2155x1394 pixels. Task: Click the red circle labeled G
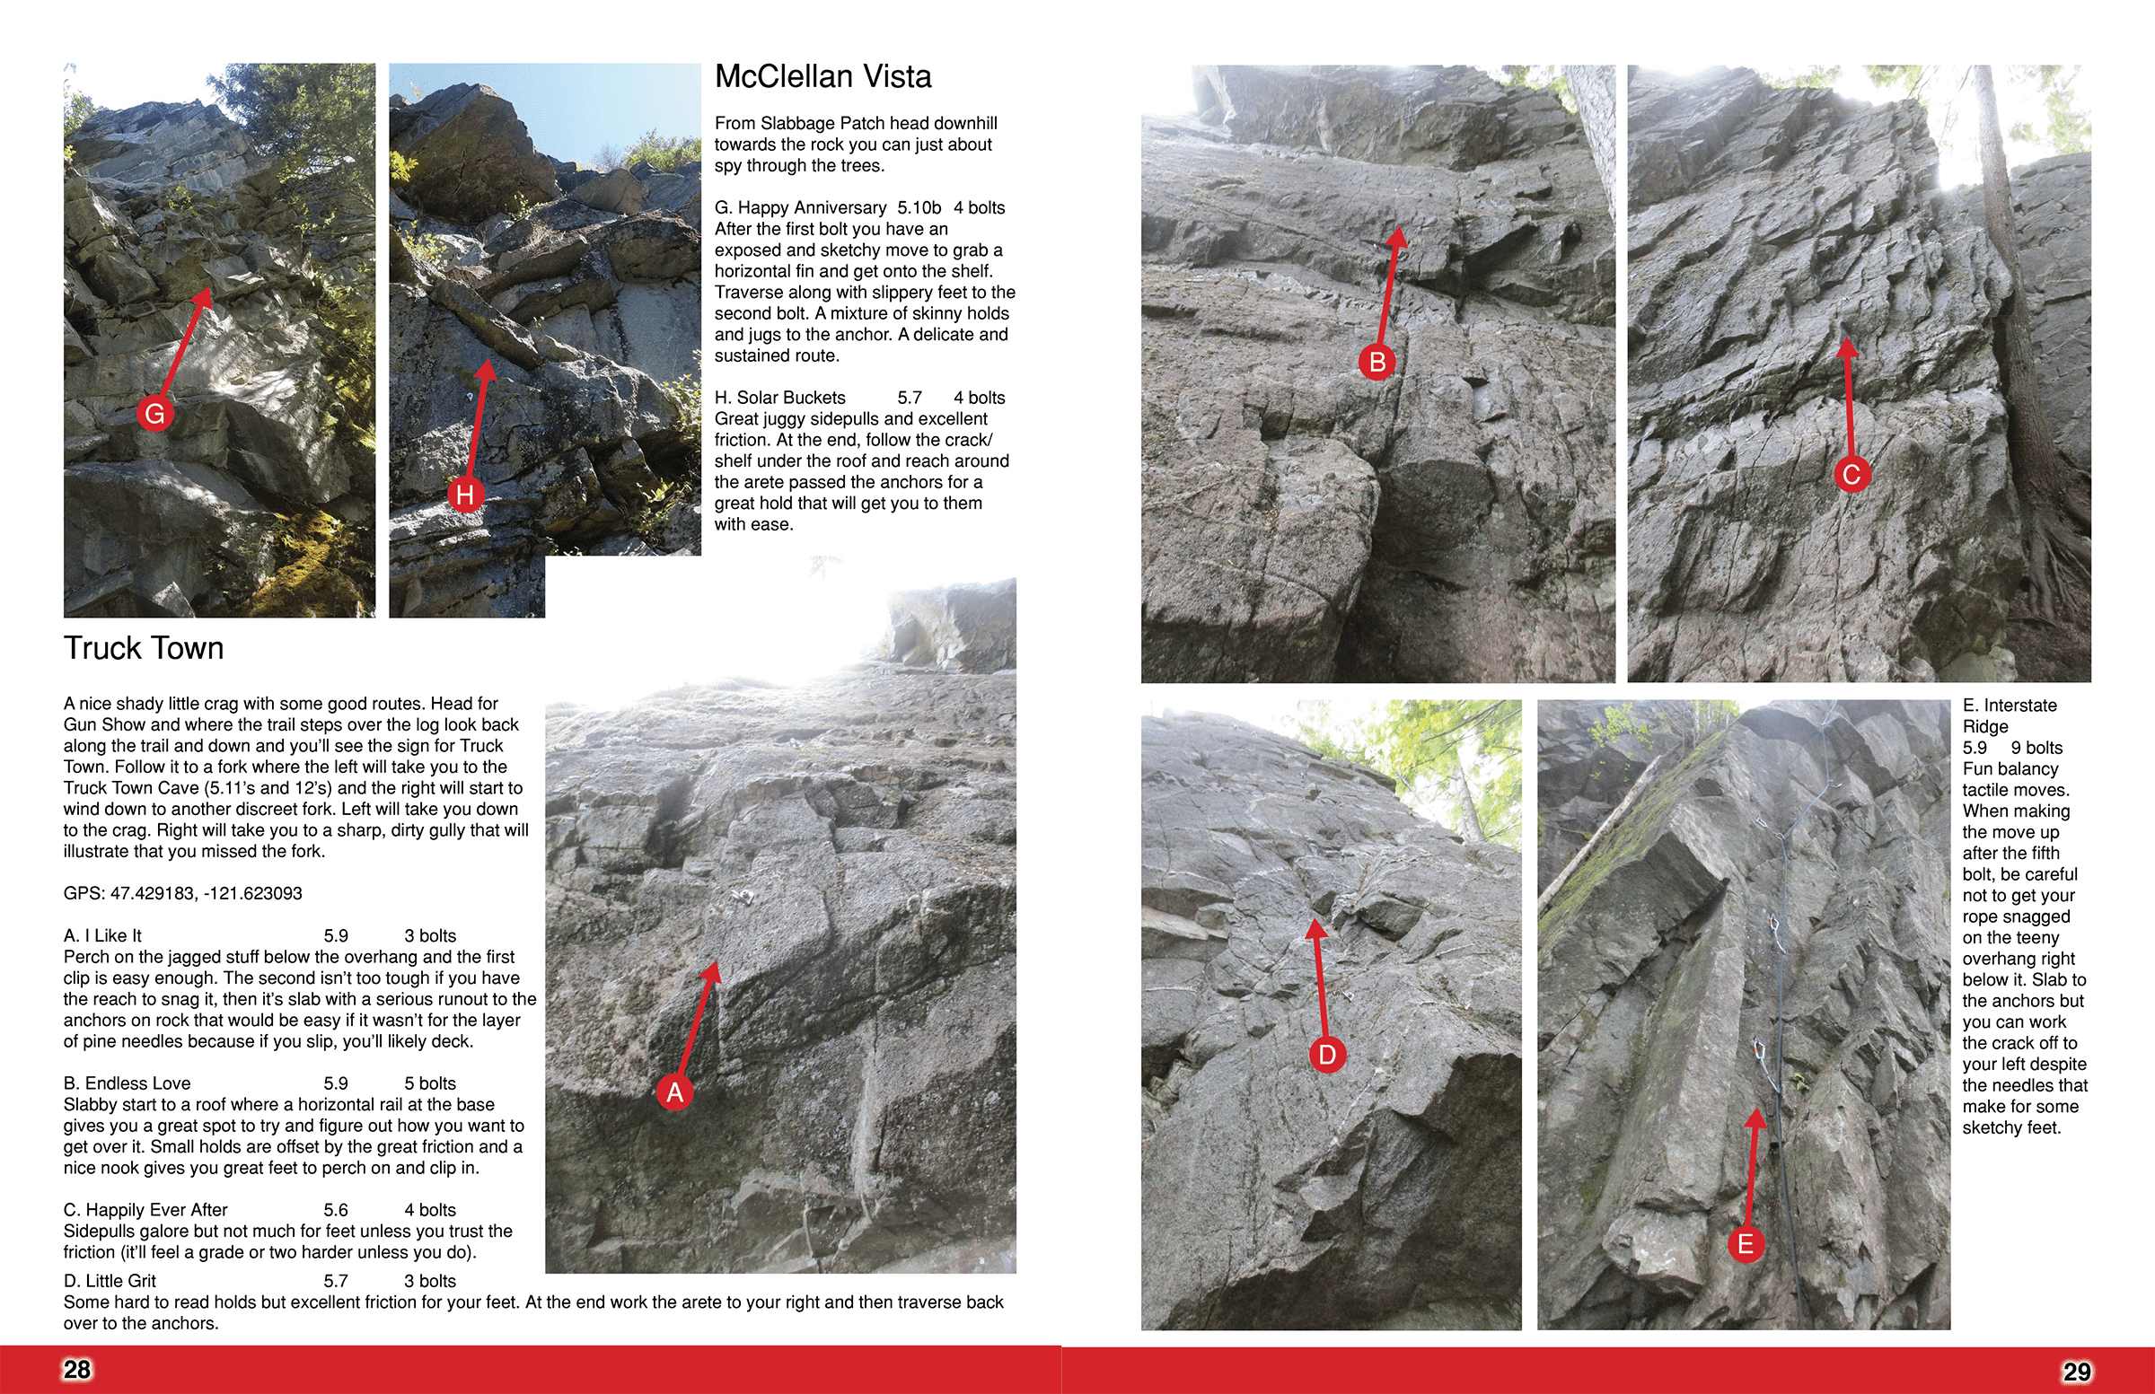point(154,415)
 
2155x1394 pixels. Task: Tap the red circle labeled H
point(465,495)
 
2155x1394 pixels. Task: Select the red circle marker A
point(674,1092)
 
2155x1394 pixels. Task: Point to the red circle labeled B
point(1377,362)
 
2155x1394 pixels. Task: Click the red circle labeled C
point(1852,474)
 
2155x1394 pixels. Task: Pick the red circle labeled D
point(1327,1055)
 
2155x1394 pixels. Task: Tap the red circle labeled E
point(1746,1245)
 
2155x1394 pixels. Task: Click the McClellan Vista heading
point(822,77)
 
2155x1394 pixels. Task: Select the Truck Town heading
point(143,649)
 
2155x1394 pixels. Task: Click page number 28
point(77,1370)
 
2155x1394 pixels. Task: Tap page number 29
point(2076,1372)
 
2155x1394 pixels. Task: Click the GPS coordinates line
point(182,893)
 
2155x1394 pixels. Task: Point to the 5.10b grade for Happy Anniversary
point(919,208)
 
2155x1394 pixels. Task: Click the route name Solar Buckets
point(790,399)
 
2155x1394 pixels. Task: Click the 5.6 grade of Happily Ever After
point(335,1210)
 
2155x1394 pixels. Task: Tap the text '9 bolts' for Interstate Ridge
point(2036,748)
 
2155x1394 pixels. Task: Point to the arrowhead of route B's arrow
point(1398,237)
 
